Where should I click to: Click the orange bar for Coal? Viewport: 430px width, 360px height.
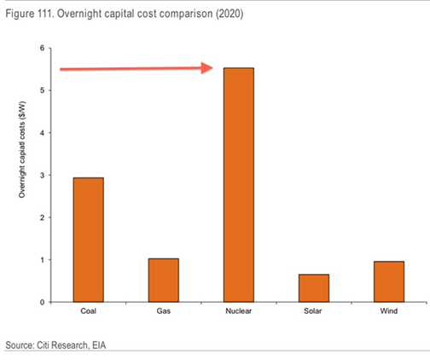click(x=88, y=240)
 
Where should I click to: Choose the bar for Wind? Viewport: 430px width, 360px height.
click(x=388, y=282)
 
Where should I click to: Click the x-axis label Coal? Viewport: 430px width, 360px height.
click(x=88, y=312)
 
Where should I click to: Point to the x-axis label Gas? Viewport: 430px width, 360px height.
click(x=164, y=312)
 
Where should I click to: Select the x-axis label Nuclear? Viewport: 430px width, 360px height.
click(x=239, y=312)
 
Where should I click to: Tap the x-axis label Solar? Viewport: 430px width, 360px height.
click(x=314, y=312)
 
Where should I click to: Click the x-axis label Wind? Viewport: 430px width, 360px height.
click(x=388, y=312)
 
